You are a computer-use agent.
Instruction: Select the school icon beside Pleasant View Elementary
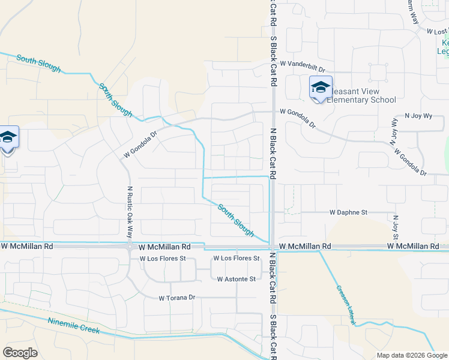coord(321,88)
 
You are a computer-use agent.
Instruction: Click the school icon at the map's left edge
coord(8,138)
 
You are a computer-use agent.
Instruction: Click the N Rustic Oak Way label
coord(129,211)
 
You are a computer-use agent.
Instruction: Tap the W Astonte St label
coord(236,279)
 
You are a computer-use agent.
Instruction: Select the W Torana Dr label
coord(176,298)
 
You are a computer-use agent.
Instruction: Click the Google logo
coord(20,352)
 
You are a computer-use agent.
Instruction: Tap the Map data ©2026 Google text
coord(412,355)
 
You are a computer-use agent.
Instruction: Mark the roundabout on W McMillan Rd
coord(129,246)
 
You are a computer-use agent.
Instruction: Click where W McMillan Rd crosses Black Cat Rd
coord(272,247)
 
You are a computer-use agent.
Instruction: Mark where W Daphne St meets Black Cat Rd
coord(272,212)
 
